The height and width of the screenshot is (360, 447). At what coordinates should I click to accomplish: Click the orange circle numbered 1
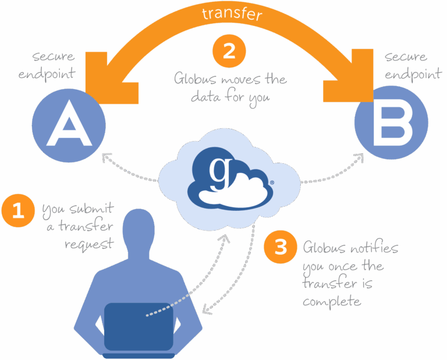[x=19, y=210]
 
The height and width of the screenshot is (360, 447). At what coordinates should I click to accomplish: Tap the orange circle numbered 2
[x=229, y=51]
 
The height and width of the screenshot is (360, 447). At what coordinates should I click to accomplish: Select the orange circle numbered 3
[x=281, y=248]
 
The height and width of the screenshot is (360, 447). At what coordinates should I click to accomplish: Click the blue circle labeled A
[x=69, y=125]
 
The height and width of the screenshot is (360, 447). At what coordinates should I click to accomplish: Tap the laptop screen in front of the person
[x=139, y=326]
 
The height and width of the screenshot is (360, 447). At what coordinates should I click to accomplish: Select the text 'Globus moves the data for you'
[x=230, y=88]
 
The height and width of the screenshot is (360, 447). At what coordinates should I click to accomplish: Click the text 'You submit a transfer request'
[x=79, y=227]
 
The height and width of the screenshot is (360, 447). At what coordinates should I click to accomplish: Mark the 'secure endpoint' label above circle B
[x=406, y=65]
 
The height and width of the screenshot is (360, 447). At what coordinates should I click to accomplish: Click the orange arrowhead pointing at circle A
[x=108, y=82]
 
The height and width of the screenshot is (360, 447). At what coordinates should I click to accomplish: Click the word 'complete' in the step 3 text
[x=332, y=302]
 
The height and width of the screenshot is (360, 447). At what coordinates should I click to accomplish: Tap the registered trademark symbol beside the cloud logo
[x=272, y=182]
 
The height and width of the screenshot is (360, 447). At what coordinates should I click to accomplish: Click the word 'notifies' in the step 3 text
[x=375, y=248]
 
